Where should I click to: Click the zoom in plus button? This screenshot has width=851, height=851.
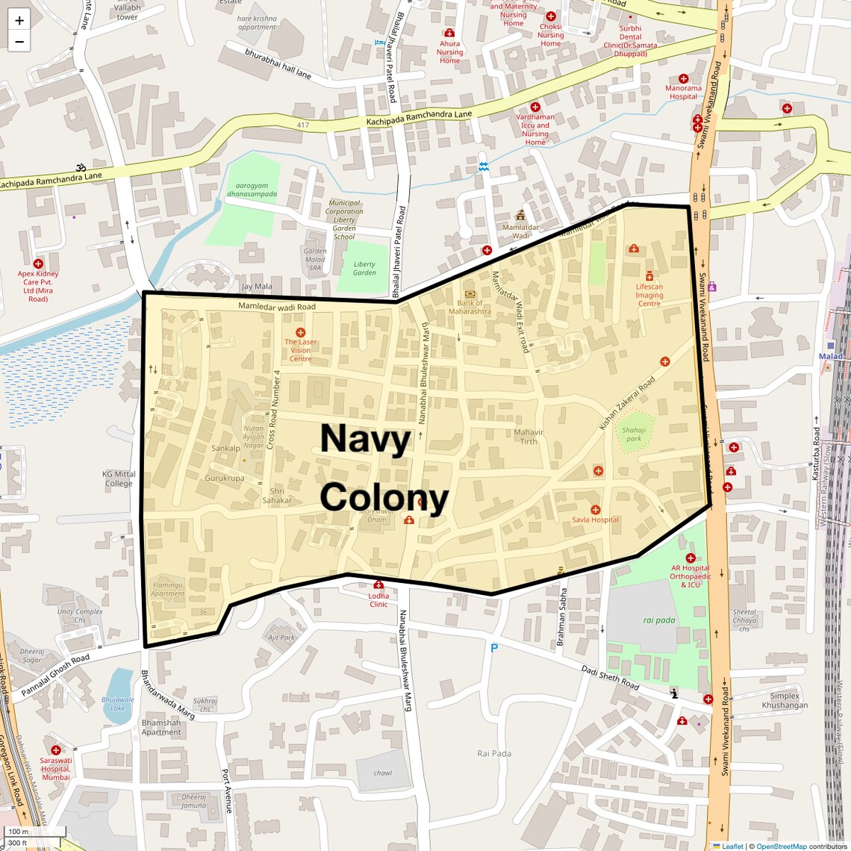[19, 20]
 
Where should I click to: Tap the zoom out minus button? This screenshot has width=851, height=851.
[19, 42]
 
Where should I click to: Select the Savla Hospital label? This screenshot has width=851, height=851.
[595, 520]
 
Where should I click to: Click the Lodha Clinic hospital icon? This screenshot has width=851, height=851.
[378, 585]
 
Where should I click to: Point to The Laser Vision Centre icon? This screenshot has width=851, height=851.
[300, 332]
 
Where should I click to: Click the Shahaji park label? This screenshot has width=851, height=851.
[634, 434]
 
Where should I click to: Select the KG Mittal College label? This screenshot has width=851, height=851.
[119, 479]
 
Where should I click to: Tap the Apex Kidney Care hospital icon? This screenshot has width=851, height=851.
[38, 264]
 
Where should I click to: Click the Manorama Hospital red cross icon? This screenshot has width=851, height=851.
[683, 78]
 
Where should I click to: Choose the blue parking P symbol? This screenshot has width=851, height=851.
[493, 649]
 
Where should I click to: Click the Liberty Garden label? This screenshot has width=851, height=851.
[364, 268]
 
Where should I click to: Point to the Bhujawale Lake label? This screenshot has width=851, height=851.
[118, 703]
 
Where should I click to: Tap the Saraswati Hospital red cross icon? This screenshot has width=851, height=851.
[56, 749]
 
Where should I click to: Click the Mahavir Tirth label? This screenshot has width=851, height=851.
[529, 437]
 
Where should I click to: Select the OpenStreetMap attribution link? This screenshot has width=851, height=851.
[781, 846]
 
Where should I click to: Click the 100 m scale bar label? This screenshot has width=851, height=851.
[18, 831]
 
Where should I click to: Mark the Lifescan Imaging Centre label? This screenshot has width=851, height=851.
[649, 295]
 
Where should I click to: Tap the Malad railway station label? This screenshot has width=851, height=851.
[830, 356]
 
